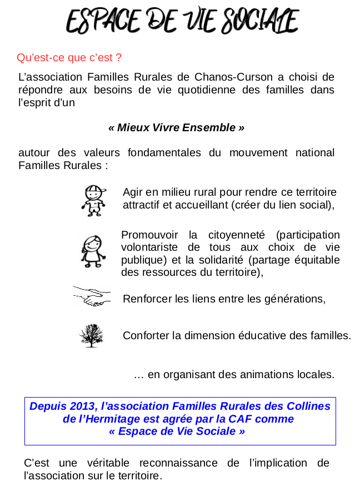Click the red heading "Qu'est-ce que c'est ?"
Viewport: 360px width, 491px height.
(x=69, y=58)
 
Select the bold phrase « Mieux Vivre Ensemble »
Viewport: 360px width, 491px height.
(x=176, y=128)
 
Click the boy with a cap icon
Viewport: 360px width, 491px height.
(x=94, y=200)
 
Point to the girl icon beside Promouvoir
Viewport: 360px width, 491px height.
(x=92, y=251)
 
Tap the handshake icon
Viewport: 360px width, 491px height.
(x=92, y=296)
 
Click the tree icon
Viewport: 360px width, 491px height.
(x=91, y=335)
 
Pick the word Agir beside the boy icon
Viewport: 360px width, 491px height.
(x=133, y=192)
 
